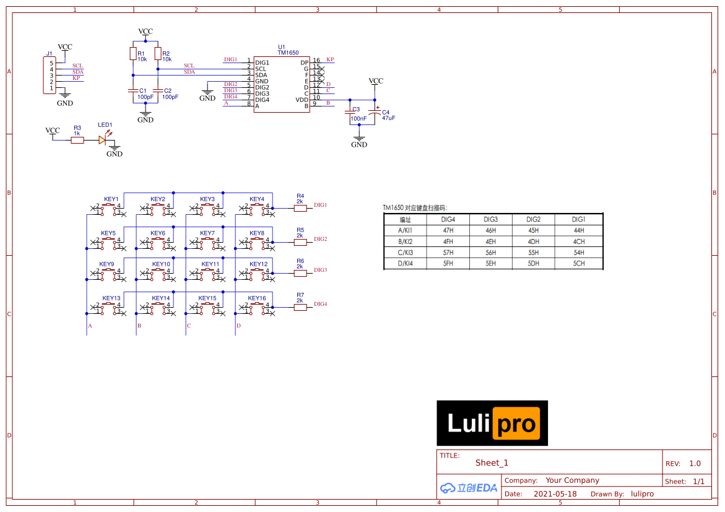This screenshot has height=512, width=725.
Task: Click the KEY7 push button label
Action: point(207,233)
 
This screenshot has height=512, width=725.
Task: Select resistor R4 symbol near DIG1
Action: point(300,208)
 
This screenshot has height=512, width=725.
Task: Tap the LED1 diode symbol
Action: point(103,140)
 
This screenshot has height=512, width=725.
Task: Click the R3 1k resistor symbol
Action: point(77,140)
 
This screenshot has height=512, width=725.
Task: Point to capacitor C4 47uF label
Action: point(388,115)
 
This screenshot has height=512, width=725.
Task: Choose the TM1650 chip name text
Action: point(288,53)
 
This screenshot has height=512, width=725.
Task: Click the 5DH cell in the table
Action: point(533,264)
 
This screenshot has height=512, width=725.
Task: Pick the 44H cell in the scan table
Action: point(578,230)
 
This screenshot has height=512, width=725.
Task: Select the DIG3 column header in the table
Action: point(490,219)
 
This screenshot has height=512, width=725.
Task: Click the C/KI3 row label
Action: point(405,253)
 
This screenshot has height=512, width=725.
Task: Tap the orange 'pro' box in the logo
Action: point(516,423)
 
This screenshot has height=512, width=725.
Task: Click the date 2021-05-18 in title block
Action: point(555,494)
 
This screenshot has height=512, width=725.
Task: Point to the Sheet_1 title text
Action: point(492,463)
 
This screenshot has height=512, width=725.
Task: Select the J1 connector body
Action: point(50,76)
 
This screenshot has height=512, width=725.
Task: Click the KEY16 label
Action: point(256,298)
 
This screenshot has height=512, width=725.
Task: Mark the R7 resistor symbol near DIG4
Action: point(300,307)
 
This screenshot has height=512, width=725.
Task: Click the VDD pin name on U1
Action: point(302,100)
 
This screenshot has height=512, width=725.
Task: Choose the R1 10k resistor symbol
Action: point(133,54)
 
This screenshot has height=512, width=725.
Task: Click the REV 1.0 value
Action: point(695,464)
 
